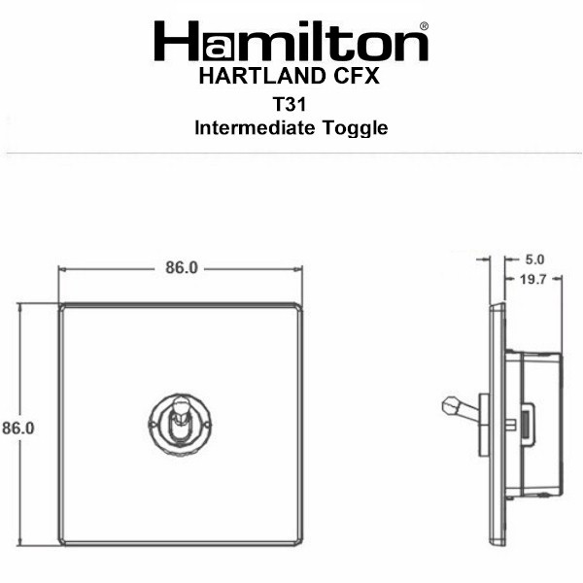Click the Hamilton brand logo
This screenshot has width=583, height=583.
[291, 41]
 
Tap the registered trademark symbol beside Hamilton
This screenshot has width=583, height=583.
[424, 26]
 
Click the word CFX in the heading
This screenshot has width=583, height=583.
[357, 76]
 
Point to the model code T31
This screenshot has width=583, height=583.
[290, 104]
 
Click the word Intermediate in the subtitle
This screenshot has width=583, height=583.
[255, 128]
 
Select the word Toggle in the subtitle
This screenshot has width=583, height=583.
[355, 129]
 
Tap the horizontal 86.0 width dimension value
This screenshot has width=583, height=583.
[182, 268]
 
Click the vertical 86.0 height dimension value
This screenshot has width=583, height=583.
[18, 428]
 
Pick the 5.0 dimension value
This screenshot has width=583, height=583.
[534, 259]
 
